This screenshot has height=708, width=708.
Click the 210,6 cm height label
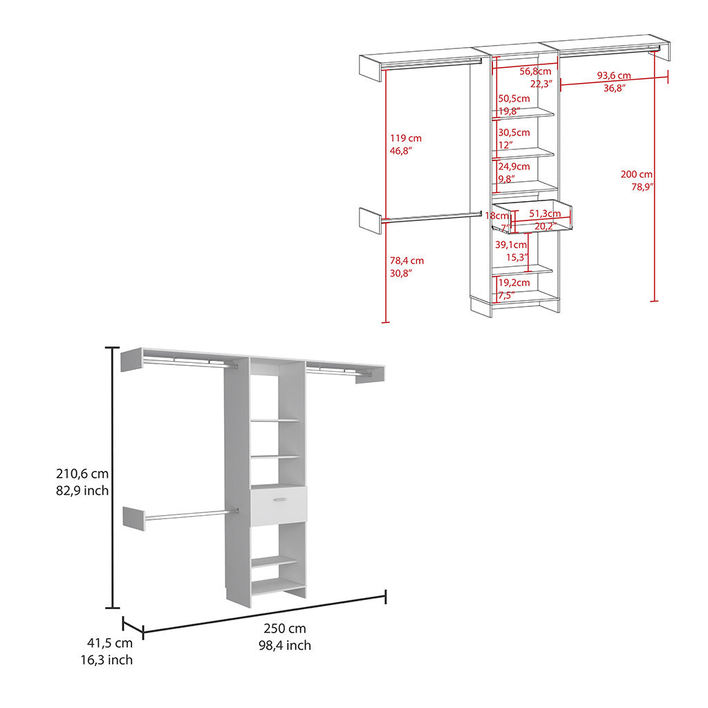pyautogui.click(x=82, y=474)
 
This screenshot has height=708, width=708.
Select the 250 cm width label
pyautogui.click(x=284, y=628)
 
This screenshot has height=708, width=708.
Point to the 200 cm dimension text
pyautogui.click(x=636, y=175)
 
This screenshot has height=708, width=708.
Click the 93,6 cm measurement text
pyautogui.click(x=613, y=75)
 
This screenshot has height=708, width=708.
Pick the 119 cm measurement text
pyautogui.click(x=406, y=138)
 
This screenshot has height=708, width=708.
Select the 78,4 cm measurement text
pyautogui.click(x=407, y=261)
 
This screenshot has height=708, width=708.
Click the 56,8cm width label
pyautogui.click(x=535, y=71)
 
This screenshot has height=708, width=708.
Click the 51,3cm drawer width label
pyautogui.click(x=545, y=214)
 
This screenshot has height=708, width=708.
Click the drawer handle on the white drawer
pyautogui.click(x=280, y=499)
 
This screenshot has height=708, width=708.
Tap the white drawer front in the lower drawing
pyautogui.click(x=278, y=507)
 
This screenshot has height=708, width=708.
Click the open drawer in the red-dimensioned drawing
pyautogui.click(x=532, y=216)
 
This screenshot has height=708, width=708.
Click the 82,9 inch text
pyautogui.click(x=82, y=492)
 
